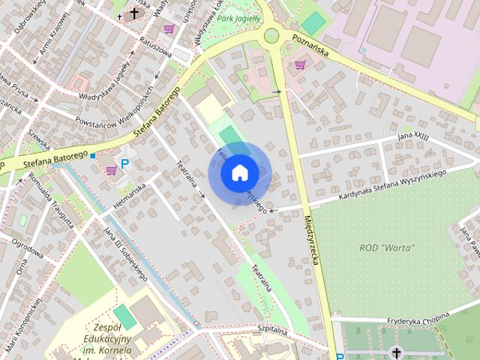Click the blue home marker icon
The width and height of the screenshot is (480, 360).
tap(239, 172)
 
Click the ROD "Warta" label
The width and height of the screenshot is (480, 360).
tap(387, 248)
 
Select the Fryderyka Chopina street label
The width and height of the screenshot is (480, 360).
tap(416, 320)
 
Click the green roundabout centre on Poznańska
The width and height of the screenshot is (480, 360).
tap(271, 35)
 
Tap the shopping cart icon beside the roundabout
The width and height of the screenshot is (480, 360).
tap(301, 65)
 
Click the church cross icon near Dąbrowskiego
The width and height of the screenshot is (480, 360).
tap(134, 13)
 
